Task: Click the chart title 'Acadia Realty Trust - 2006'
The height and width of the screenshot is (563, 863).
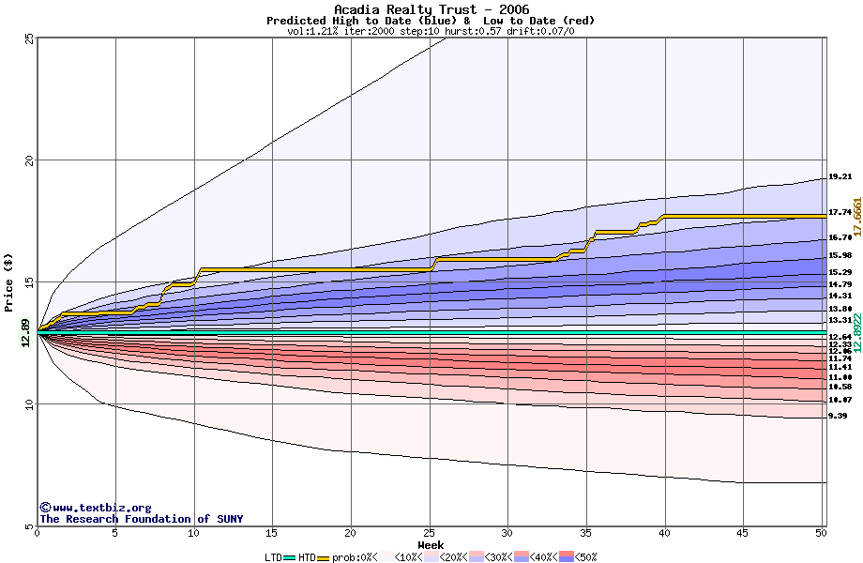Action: [431, 9]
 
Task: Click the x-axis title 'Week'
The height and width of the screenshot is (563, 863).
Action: [431, 544]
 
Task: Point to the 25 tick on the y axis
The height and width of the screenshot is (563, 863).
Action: [29, 38]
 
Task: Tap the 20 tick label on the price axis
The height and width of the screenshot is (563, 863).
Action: [29, 160]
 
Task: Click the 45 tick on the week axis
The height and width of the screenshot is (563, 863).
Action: [743, 533]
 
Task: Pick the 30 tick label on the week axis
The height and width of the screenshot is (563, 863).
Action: [507, 533]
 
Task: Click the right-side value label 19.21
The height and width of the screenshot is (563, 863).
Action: [840, 176]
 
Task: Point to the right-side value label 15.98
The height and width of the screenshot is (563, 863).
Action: [840, 255]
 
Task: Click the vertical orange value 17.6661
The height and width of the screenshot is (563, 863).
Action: [856, 217]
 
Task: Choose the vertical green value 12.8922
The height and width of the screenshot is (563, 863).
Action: [856, 334]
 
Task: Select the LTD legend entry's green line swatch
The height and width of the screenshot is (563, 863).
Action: [290, 557]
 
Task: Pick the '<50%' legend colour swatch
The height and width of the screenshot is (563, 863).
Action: [567, 557]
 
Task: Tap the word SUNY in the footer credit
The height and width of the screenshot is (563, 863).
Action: [228, 519]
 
